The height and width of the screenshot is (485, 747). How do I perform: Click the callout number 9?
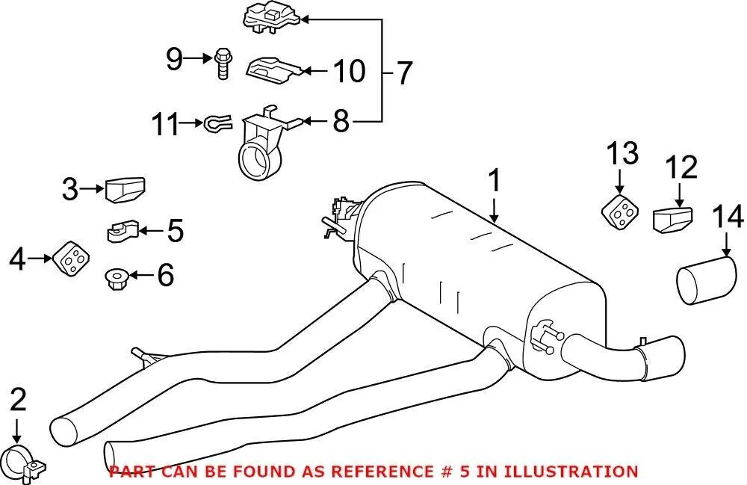174,59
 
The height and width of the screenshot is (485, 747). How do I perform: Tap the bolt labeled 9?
223,63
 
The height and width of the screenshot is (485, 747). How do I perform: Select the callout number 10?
349,71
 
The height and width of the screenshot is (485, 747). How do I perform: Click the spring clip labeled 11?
217,123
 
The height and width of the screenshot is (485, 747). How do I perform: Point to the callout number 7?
404,73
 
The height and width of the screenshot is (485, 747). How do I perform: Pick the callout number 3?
70,189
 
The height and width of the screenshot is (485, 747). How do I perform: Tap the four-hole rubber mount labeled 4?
72,259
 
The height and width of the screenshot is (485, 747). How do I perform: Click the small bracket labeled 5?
122,231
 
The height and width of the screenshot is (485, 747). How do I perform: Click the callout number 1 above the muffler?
495,180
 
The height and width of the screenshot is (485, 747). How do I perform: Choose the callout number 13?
622,153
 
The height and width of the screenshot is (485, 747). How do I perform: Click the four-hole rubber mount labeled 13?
619,211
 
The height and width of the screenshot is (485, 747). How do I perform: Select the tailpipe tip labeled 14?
707,279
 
